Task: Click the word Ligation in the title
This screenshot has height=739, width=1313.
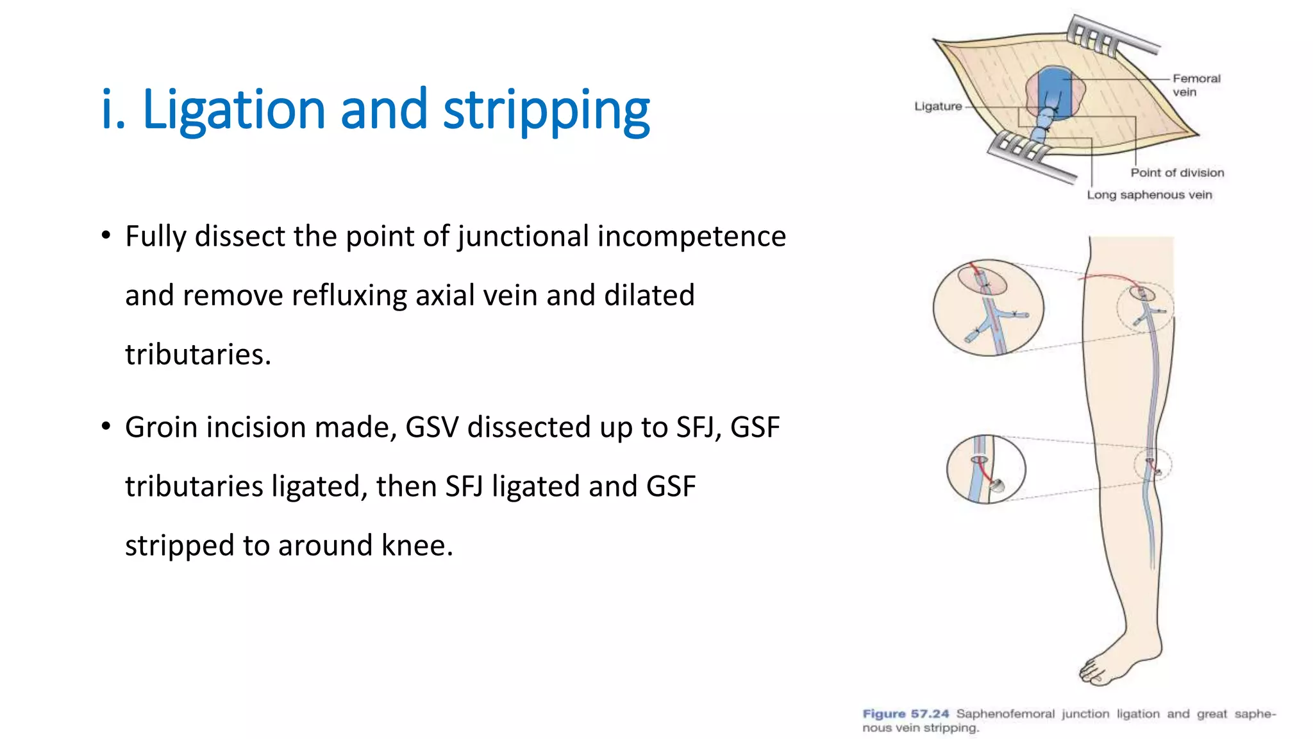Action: click(x=233, y=110)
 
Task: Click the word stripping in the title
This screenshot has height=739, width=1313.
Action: click(x=546, y=110)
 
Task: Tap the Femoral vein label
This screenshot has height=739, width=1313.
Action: click(x=1196, y=85)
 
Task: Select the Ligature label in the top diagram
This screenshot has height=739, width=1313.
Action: click(x=937, y=106)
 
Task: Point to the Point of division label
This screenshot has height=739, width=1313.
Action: click(x=1177, y=173)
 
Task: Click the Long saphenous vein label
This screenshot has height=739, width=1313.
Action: click(x=1149, y=194)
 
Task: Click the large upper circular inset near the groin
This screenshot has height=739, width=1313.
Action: click(x=988, y=307)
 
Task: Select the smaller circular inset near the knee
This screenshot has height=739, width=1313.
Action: click(x=986, y=469)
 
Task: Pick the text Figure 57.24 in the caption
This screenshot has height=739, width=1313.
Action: click(x=905, y=714)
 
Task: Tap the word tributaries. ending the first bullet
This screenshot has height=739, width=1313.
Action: click(x=197, y=355)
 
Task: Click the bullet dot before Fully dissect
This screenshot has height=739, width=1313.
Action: click(x=106, y=235)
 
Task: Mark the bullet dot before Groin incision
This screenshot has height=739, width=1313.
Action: click(x=106, y=426)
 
